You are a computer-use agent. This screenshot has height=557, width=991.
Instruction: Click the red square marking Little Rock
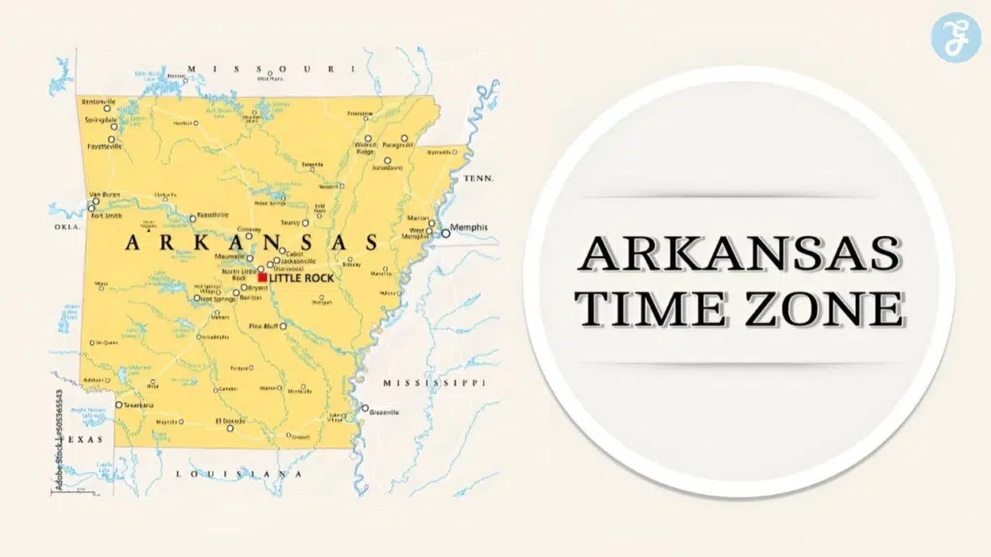click(x=262, y=278)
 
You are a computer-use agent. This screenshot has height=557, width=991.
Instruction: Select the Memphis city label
click(x=469, y=227)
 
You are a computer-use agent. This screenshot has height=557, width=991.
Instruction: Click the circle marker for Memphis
click(x=445, y=233)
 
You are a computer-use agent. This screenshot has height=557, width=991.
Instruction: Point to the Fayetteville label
click(x=105, y=147)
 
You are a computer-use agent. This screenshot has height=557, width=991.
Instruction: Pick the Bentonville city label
click(x=98, y=102)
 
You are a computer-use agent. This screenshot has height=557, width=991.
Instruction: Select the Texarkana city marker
click(x=119, y=405)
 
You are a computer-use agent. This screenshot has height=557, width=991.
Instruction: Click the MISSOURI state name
click(x=264, y=69)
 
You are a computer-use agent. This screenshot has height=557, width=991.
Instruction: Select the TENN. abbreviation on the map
click(x=478, y=179)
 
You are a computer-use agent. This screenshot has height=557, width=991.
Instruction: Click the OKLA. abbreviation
click(x=67, y=227)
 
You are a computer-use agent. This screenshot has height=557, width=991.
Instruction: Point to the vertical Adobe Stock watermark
click(x=60, y=441)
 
